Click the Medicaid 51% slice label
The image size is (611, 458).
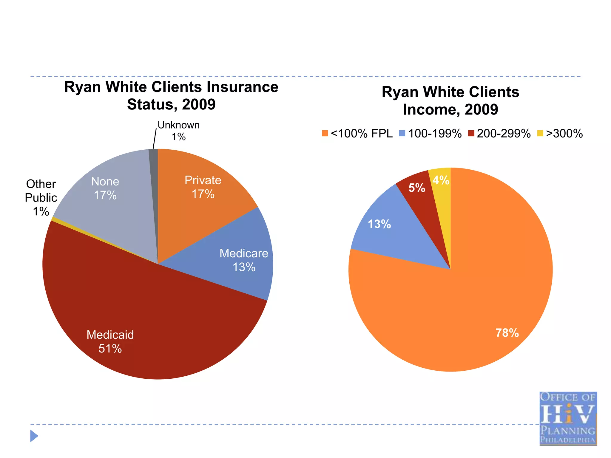(x=110, y=342)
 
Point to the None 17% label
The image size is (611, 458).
(x=105, y=188)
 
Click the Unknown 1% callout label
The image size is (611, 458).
(x=178, y=131)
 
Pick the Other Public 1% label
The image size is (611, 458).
(x=41, y=198)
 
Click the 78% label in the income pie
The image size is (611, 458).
(x=507, y=333)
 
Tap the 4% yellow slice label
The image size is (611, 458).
(x=441, y=180)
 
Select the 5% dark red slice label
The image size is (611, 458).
(x=416, y=188)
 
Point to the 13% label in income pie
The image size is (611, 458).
(x=379, y=224)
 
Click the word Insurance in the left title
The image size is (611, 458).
(x=242, y=87)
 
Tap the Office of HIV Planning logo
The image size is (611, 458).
(x=568, y=419)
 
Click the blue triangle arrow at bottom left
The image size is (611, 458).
(x=34, y=436)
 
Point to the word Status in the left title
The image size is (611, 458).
(x=150, y=104)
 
